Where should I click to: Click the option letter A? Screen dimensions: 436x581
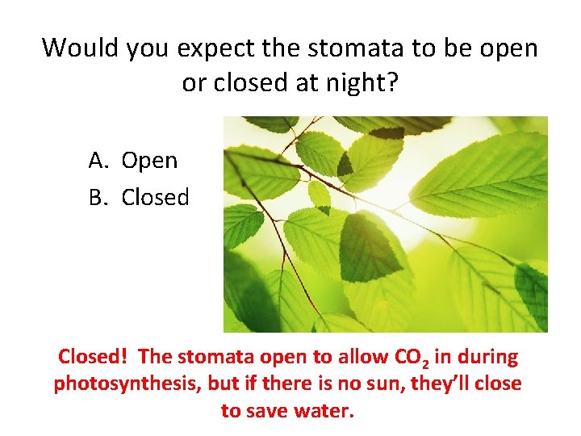coord(98,161)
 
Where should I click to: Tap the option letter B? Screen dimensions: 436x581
coord(98,198)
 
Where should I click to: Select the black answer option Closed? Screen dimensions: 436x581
coord(156,198)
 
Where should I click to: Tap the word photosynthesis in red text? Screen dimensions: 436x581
coord(126,384)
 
